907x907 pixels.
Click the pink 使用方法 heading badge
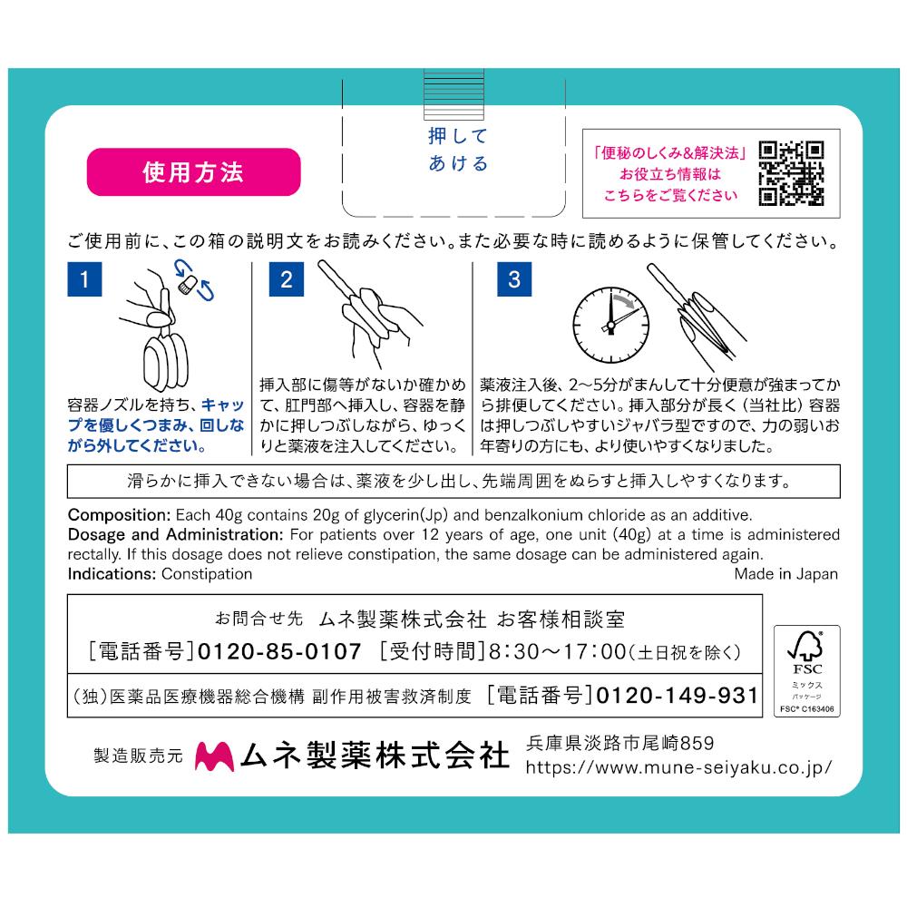click(x=194, y=171)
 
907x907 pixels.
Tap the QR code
click(x=791, y=173)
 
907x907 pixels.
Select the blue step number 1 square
click(x=84, y=279)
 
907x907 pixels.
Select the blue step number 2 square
click(x=287, y=279)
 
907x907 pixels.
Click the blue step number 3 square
click(x=514, y=279)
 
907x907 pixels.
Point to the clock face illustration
click(x=610, y=325)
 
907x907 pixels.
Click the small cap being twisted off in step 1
click(x=188, y=285)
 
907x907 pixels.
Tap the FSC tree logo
click(x=805, y=646)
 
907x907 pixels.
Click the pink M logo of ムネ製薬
click(x=215, y=756)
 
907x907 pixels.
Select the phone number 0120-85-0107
click(x=279, y=652)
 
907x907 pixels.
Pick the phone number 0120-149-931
click(x=677, y=696)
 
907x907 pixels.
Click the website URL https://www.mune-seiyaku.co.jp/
click(x=678, y=767)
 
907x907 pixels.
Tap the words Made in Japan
click(x=785, y=574)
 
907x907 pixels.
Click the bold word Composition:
click(x=119, y=515)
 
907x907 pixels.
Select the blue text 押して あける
click(x=458, y=150)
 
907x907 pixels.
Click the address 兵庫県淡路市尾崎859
click(x=620, y=743)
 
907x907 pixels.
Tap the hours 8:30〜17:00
click(x=558, y=652)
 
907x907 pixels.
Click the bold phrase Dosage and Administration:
click(x=175, y=534)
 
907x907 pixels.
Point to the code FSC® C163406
click(x=807, y=709)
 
